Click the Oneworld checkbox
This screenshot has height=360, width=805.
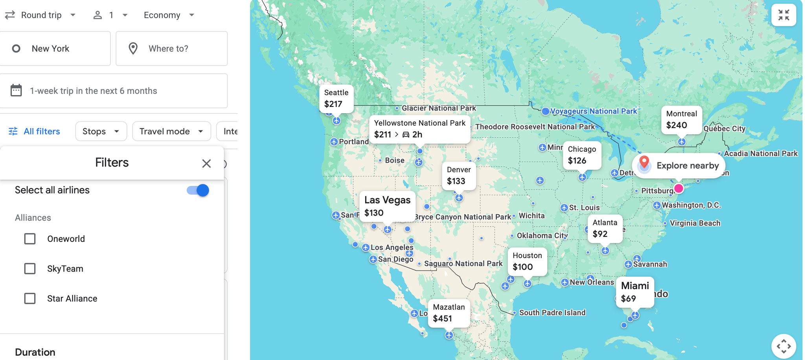coord(30,239)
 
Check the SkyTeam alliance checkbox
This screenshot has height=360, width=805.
coord(30,268)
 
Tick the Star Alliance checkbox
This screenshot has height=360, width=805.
coord(30,298)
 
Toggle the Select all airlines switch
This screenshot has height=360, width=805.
coord(198,190)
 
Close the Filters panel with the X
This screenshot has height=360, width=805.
coord(206,163)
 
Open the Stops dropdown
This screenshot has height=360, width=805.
coord(101,131)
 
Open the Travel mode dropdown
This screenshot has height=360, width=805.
coord(171,131)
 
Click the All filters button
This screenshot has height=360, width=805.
coord(35,131)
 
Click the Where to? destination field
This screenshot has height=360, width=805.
coord(172,48)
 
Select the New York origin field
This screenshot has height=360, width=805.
coord(55,48)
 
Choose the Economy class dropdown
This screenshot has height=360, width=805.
coord(169,15)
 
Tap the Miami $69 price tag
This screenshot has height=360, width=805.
coord(634,292)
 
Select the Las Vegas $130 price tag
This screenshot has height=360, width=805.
coord(387,206)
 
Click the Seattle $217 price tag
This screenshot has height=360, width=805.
coord(336,98)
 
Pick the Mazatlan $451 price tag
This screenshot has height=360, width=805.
coord(448,313)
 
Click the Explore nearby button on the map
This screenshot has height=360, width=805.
coord(679,165)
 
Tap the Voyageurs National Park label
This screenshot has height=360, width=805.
coord(593,111)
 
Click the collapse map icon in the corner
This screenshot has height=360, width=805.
coord(783,15)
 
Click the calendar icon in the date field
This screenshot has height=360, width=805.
coord(16,91)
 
